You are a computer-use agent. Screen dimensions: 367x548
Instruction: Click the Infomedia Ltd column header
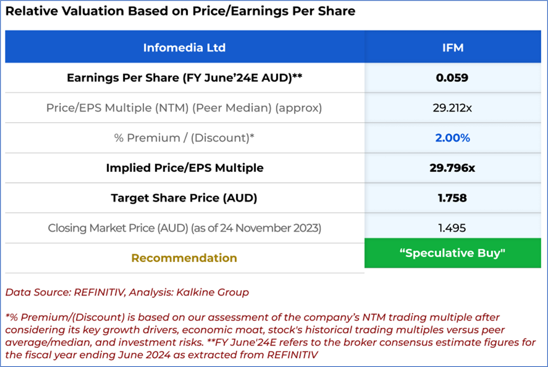(184, 48)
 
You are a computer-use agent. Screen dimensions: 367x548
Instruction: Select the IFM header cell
(452, 48)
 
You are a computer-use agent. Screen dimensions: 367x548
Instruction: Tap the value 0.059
(452, 78)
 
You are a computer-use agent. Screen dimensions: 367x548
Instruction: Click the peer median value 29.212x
(452, 108)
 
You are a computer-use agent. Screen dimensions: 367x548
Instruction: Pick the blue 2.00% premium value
(452, 138)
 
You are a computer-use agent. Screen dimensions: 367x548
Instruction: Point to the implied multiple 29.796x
(452, 168)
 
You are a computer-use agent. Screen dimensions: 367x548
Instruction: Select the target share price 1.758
(452, 198)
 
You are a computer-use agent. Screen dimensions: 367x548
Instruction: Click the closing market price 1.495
(452, 228)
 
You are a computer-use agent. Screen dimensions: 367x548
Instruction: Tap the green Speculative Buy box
(452, 253)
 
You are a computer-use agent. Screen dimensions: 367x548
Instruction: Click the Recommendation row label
(184, 258)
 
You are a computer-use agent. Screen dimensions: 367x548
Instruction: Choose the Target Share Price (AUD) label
(184, 198)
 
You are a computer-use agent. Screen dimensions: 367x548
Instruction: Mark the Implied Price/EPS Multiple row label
(185, 168)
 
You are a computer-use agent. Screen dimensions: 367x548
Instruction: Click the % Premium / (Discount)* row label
(184, 138)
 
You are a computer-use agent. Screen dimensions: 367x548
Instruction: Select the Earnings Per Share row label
(184, 78)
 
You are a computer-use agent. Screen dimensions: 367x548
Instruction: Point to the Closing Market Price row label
(184, 228)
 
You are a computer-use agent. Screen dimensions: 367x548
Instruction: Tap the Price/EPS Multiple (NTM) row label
(184, 108)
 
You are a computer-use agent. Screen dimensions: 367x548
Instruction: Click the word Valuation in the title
(90, 11)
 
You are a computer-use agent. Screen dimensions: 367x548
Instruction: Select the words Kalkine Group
(212, 292)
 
